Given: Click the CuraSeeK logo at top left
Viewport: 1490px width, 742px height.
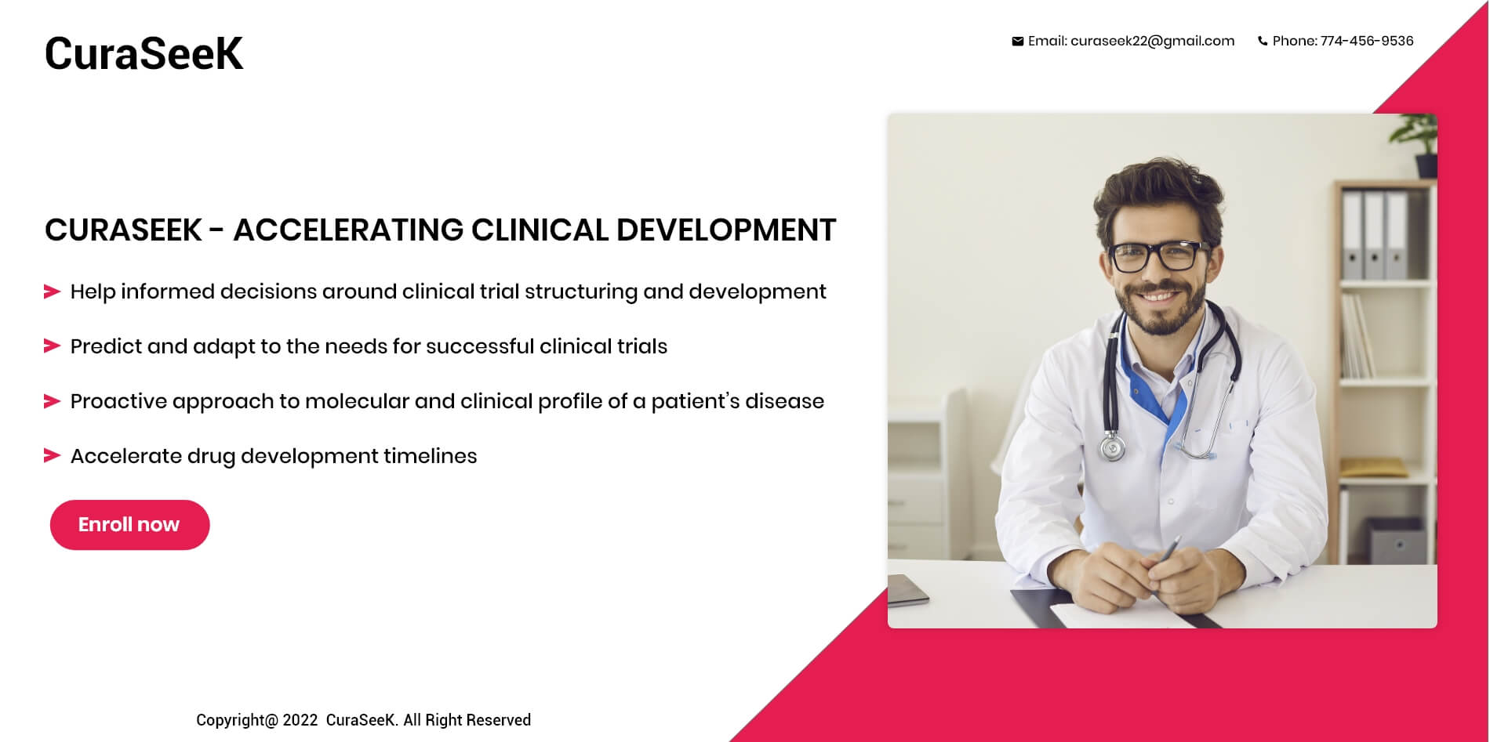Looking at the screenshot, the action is click(144, 53).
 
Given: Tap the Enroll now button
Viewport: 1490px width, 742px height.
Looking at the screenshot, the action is click(129, 525).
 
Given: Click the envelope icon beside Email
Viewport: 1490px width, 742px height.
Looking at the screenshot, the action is click(1017, 42).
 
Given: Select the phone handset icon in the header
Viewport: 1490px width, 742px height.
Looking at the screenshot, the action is click(1263, 42).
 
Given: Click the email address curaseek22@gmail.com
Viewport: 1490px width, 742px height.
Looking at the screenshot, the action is click(1152, 42).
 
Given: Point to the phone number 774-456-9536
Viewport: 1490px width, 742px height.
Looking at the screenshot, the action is click(1367, 41).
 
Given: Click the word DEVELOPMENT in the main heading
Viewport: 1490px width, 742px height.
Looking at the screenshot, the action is click(726, 230).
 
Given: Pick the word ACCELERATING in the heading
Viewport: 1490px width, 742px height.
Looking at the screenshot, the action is click(348, 230).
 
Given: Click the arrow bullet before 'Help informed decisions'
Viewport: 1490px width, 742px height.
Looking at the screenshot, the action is click(52, 292).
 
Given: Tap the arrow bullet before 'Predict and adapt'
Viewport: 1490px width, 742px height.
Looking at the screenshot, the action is click(52, 346).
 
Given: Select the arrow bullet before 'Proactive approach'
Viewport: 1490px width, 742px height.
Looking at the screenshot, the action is click(52, 401).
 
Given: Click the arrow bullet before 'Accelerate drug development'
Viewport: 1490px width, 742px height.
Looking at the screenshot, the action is click(52, 456).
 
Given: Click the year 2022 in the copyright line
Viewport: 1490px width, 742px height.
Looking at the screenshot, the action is click(300, 720).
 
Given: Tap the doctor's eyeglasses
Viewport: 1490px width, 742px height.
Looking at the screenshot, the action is click(1157, 255).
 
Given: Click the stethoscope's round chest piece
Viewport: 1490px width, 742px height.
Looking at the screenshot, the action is click(1112, 448).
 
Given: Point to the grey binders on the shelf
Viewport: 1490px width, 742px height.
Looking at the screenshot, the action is click(1375, 235).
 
